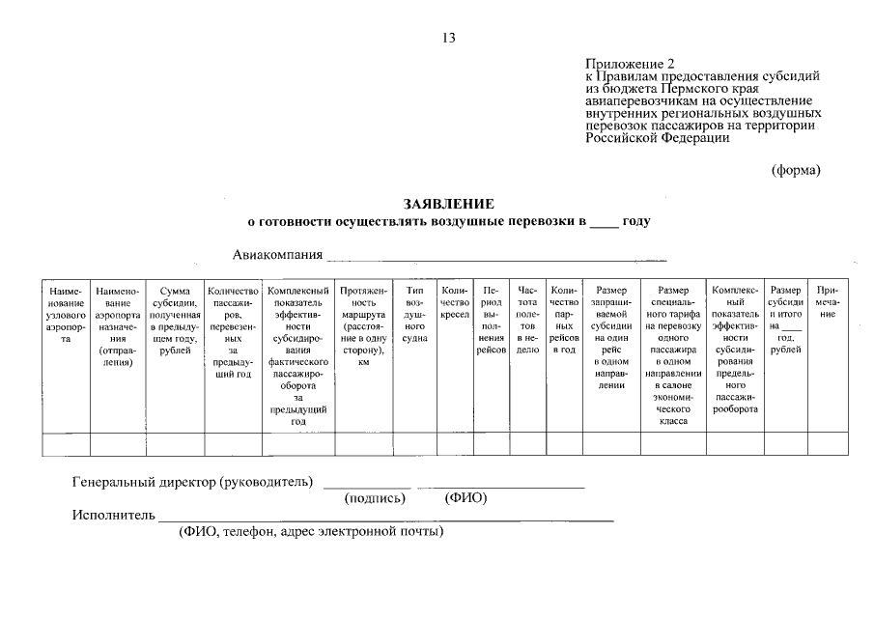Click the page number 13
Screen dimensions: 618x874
click(x=448, y=38)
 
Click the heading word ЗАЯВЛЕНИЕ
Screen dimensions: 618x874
click(x=448, y=204)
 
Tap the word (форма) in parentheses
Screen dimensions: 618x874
click(x=796, y=171)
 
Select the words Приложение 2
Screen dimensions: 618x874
click(x=624, y=65)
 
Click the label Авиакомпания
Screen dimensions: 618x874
click(x=276, y=255)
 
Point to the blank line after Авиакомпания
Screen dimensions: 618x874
click(x=496, y=258)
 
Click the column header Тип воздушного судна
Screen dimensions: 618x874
click(x=414, y=314)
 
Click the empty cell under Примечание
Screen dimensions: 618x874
click(x=828, y=444)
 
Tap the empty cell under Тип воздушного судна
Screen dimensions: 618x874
click(x=414, y=444)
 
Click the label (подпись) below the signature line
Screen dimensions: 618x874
click(x=375, y=499)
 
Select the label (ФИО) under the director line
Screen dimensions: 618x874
click(x=465, y=499)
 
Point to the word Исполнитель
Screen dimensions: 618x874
click(x=113, y=515)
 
